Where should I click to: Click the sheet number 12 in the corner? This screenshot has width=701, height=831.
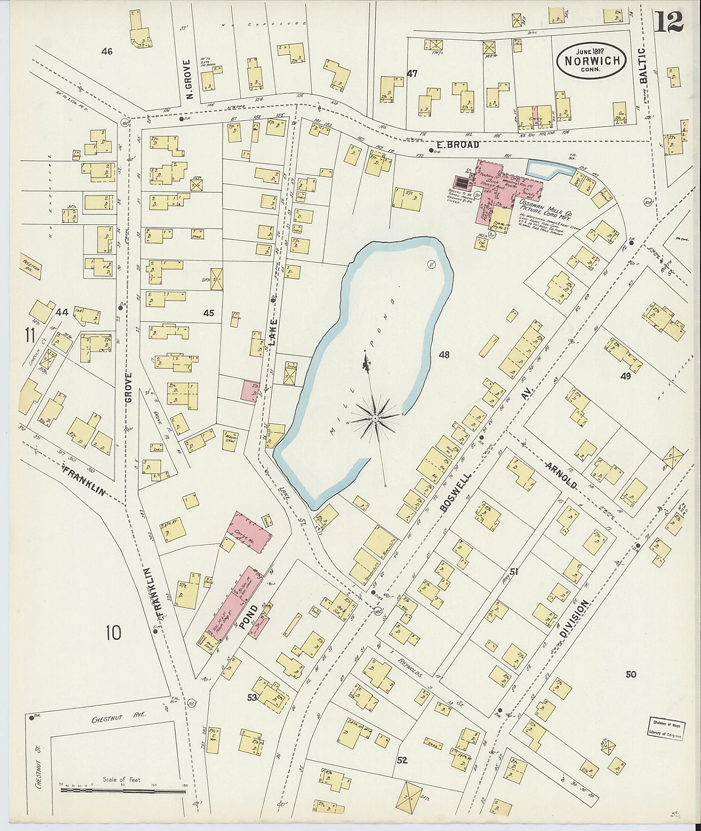tap(669, 21)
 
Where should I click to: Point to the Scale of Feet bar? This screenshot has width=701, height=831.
tap(123, 790)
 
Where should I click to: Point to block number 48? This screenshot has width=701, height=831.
tap(443, 355)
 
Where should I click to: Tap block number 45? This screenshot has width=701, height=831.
tap(208, 313)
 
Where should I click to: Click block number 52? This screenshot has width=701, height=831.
tap(401, 760)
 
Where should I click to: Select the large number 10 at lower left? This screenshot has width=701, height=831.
tap(113, 633)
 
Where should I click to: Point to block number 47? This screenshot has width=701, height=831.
tap(412, 73)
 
